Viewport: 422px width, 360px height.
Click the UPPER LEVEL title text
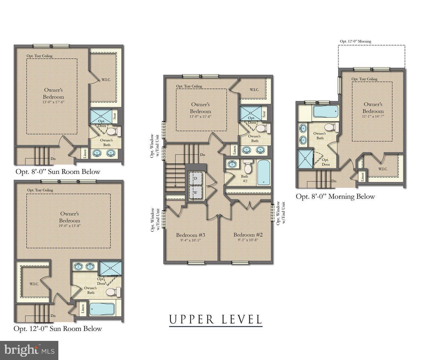(216, 319)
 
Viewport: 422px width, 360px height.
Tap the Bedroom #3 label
(191, 235)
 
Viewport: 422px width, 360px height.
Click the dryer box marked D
(195, 178)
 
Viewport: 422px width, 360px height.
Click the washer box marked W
(195, 192)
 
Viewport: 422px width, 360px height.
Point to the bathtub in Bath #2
(263, 172)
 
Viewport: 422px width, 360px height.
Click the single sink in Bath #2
(232, 164)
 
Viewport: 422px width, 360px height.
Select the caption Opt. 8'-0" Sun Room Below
(58, 172)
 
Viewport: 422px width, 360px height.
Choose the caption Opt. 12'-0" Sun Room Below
(58, 329)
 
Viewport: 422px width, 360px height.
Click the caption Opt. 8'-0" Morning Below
(335, 196)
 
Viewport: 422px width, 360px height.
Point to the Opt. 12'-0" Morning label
(355, 41)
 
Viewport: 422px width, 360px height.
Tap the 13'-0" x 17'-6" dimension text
(53, 102)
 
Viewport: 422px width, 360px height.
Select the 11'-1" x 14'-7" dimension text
(373, 116)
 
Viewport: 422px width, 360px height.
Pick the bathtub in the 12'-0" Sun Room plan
(102, 309)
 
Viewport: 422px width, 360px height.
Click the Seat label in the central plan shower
(264, 114)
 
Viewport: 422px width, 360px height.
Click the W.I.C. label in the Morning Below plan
(383, 169)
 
